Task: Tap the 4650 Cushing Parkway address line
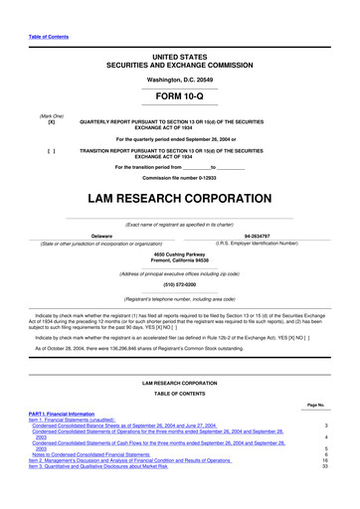[179, 254]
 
